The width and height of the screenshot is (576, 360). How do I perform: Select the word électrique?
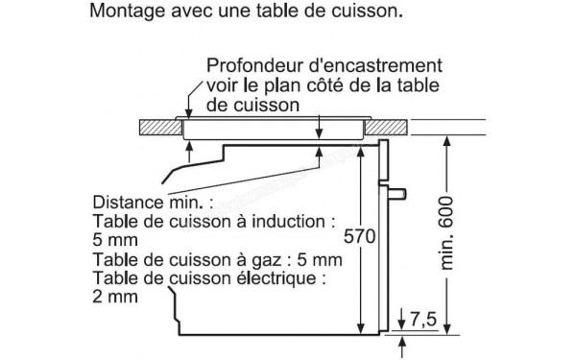pyautogui.click(x=273, y=278)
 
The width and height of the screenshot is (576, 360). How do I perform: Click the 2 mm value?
pyautogui.click(x=115, y=298)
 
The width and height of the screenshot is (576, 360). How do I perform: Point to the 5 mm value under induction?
pyautogui.click(x=115, y=241)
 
